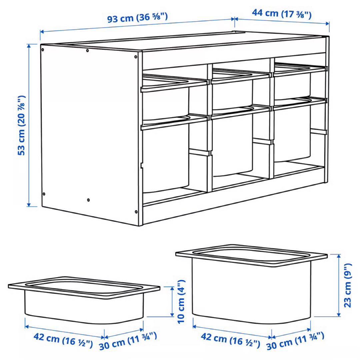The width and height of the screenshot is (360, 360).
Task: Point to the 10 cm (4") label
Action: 181,302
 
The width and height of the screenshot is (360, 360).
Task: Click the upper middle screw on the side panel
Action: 87,51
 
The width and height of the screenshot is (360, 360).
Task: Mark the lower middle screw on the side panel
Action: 88,200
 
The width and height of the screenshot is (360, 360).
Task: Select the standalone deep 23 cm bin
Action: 252,283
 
